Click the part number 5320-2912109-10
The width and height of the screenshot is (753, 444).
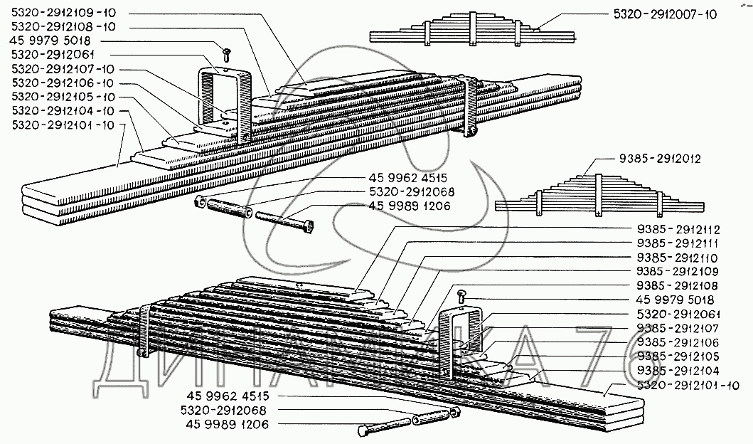[x=64, y=13]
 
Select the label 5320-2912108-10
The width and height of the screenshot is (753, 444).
[x=64, y=26]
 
